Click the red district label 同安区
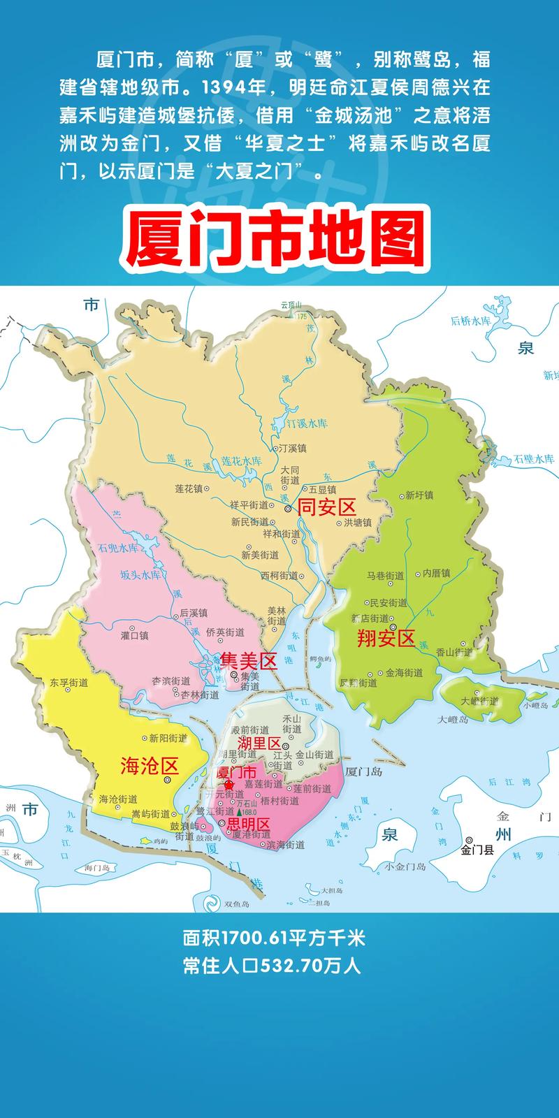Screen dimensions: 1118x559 point(327,507)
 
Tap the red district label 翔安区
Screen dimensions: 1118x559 point(386,637)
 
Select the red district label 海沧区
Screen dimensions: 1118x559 point(150,766)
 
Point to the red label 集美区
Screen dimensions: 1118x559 point(249,660)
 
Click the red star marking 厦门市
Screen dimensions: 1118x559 point(228,785)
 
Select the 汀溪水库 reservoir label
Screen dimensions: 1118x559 point(308,424)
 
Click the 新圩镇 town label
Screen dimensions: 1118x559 point(419,495)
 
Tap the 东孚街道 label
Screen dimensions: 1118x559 point(69,683)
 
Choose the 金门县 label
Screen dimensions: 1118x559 point(477,850)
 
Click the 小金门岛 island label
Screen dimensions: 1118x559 point(405,866)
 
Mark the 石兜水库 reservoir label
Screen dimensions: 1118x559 point(119,548)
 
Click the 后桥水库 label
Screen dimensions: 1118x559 point(472,321)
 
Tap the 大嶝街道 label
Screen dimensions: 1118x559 point(480,701)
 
